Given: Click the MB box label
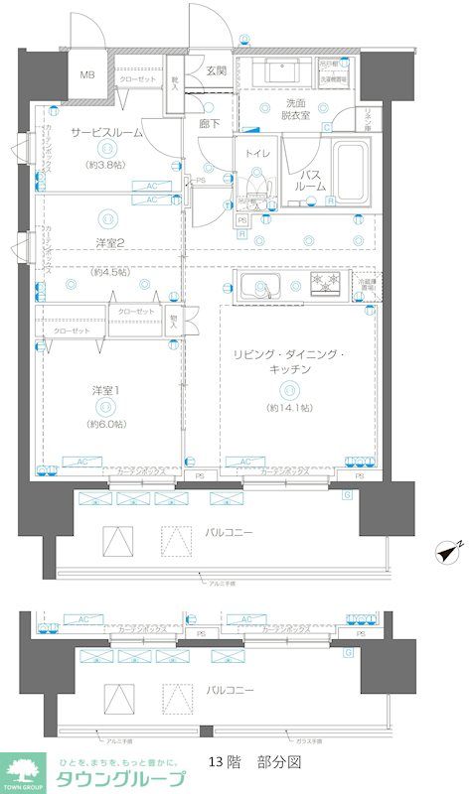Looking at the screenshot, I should [88, 75].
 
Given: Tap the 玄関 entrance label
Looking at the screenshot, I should [216, 70].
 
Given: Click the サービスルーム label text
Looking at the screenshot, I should [106, 132].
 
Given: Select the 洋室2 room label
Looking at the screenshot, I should [109, 244].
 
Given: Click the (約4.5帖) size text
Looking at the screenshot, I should [109, 270].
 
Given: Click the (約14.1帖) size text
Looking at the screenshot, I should [288, 408].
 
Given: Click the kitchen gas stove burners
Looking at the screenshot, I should [326, 286].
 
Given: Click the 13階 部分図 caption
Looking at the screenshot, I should [254, 762].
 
